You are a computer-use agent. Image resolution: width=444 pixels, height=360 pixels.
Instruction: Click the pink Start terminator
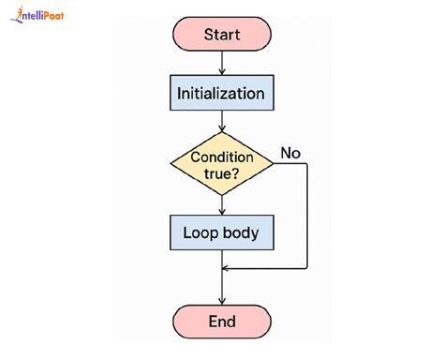[x=222, y=35]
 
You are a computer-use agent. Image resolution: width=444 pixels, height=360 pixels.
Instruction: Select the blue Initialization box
[x=222, y=94]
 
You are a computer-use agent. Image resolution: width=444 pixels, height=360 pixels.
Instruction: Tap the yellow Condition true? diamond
[x=222, y=163]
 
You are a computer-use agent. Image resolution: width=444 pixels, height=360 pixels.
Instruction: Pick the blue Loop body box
[x=222, y=231]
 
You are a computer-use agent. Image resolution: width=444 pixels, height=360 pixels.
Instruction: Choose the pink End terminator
[x=222, y=322]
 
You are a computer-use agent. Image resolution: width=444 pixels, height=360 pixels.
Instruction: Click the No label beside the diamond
[x=291, y=153]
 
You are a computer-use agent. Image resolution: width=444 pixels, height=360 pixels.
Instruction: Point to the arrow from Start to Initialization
[x=222, y=63]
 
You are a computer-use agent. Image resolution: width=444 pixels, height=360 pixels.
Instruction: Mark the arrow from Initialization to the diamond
[x=222, y=122]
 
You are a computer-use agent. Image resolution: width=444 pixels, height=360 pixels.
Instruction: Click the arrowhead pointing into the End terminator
[x=222, y=298]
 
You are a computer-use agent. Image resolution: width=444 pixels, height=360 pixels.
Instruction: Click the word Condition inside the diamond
[x=222, y=155]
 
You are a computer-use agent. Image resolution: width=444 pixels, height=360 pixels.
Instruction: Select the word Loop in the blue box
[x=200, y=231]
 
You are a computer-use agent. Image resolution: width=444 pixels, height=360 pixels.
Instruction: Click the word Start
[x=222, y=35]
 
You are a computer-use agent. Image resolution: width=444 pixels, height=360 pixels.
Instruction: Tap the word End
[x=222, y=322]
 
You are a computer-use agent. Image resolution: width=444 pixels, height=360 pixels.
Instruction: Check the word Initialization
[x=222, y=94]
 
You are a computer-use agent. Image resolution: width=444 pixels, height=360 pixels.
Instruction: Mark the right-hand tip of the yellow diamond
[x=273, y=163]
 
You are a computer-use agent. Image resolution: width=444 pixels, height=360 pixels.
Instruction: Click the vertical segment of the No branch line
[x=307, y=216]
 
